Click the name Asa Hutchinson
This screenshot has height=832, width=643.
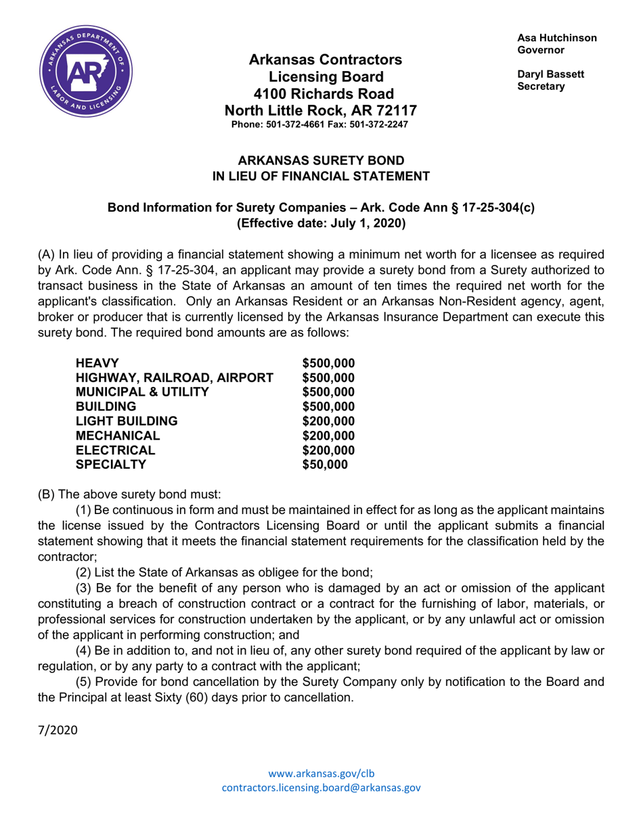click(x=557, y=38)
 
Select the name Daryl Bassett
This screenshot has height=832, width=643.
click(x=550, y=74)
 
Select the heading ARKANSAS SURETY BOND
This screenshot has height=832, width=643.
click(x=321, y=160)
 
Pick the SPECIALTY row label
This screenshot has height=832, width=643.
click(x=111, y=465)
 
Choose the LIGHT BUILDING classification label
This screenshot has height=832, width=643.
click(x=127, y=421)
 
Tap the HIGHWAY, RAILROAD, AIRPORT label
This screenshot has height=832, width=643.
click(x=175, y=377)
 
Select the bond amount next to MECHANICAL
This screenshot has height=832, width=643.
click(x=328, y=436)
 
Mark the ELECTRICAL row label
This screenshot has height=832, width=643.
click(x=116, y=450)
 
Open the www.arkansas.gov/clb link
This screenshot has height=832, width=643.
click(x=321, y=773)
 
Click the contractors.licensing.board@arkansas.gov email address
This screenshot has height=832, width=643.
click(x=321, y=787)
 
